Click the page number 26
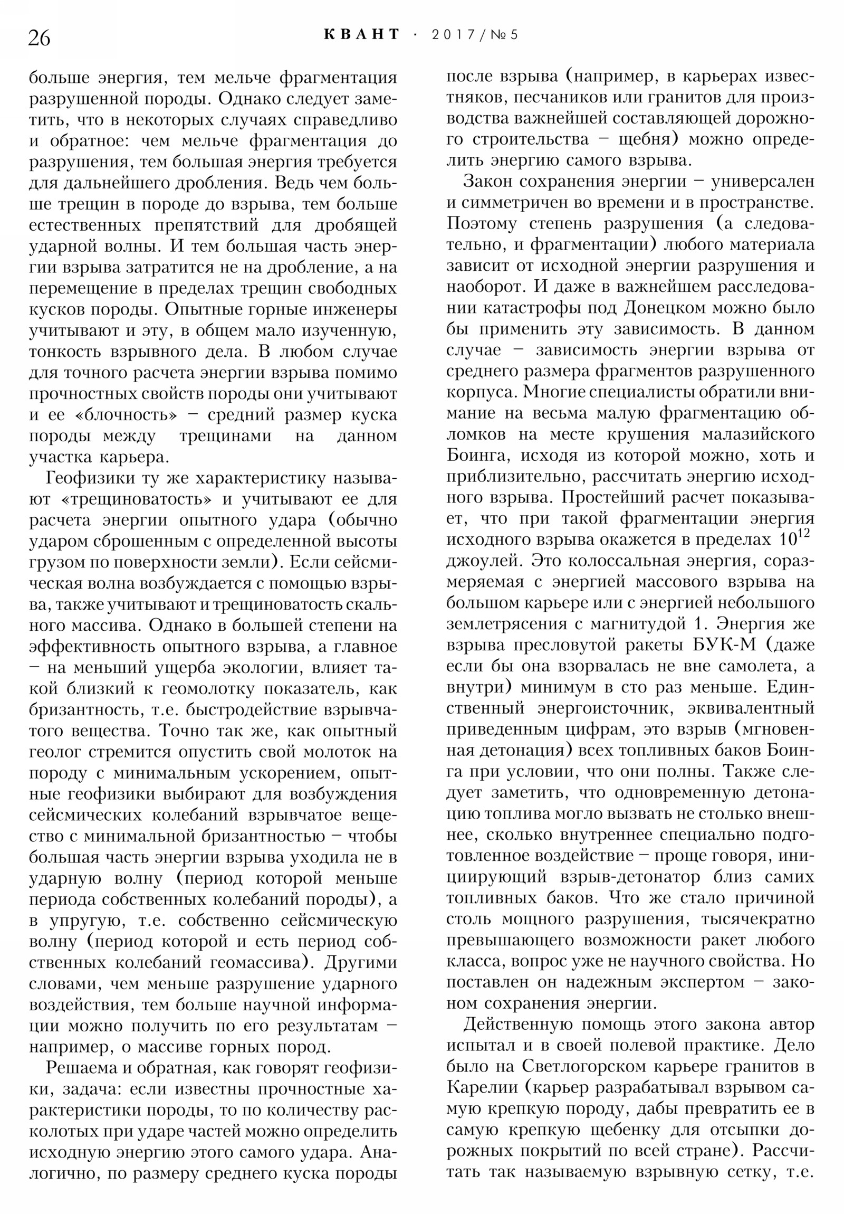point(39,38)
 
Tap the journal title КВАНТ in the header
point(362,35)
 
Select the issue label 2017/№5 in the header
point(475,35)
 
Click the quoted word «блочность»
point(126,415)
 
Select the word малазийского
point(758,434)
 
